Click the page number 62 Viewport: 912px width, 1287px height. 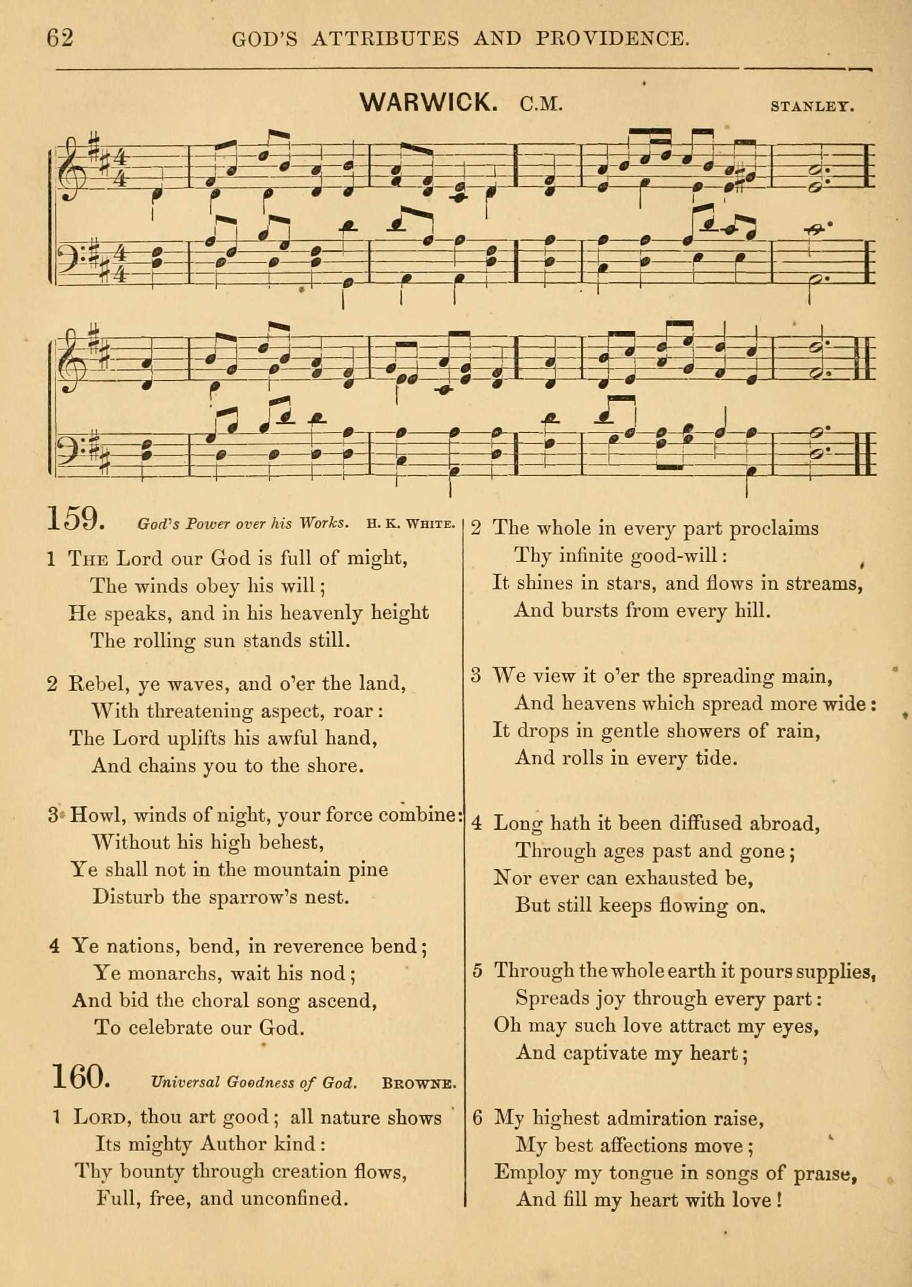pyautogui.click(x=60, y=38)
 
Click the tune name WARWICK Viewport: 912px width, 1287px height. pyautogui.click(x=428, y=102)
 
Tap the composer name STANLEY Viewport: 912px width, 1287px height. pyautogui.click(x=812, y=106)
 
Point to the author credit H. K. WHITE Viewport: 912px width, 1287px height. pyautogui.click(x=410, y=524)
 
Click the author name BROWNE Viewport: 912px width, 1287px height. pyautogui.click(x=418, y=1082)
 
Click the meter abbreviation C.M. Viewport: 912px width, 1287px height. pyautogui.click(x=541, y=104)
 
